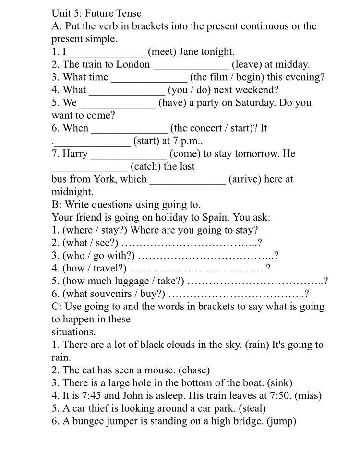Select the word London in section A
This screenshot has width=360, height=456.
click(133, 64)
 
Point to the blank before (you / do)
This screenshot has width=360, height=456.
click(127, 90)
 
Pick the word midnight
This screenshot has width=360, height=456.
click(72, 192)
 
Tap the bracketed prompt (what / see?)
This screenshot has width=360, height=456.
click(90, 243)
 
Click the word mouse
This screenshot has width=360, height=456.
click(178, 370)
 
